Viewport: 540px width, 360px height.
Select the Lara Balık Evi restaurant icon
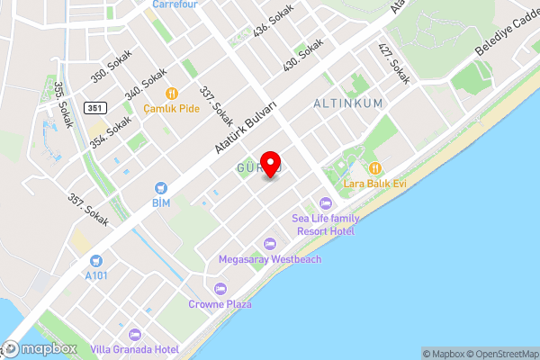374,167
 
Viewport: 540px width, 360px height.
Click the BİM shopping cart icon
161,188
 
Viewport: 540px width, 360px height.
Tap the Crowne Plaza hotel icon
220,288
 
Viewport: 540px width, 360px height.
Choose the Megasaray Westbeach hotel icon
269,243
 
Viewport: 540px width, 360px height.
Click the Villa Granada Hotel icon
136,333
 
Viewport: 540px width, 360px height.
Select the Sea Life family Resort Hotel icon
325,202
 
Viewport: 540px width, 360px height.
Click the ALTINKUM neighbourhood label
347,103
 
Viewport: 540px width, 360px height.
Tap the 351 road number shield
94,108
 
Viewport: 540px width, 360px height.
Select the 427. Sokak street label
393,64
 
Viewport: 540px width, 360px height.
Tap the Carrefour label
174,4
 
